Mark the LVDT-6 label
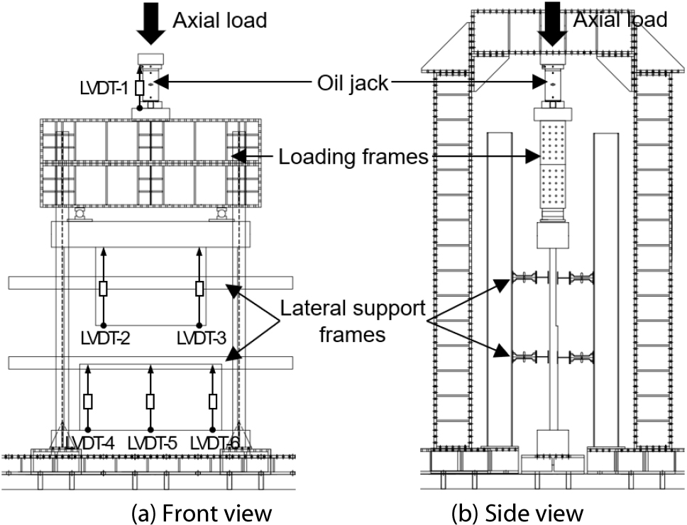[x=214, y=442]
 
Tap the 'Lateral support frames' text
[x=352, y=321]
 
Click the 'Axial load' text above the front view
[x=220, y=20]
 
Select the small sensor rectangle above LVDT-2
[x=104, y=289]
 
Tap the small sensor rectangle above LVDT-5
[x=150, y=402]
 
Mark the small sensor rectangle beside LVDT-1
[x=140, y=88]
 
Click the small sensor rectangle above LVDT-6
[x=213, y=402]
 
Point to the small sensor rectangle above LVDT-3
[x=199, y=289]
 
